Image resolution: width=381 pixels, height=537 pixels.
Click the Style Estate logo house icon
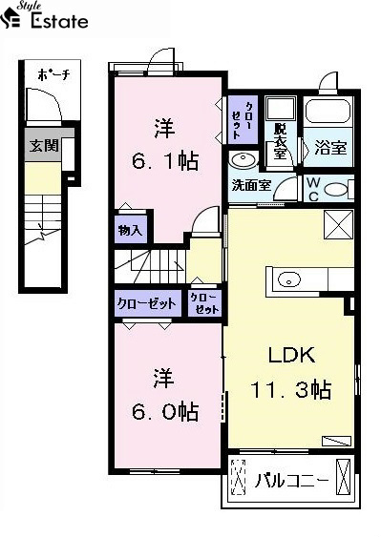tap(10, 18)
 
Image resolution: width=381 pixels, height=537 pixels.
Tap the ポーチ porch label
tap(53, 74)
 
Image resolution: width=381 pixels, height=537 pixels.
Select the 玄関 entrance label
tap(44, 146)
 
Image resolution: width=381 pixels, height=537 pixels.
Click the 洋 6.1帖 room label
tap(165, 145)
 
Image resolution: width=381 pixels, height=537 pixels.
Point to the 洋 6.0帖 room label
tap(165, 395)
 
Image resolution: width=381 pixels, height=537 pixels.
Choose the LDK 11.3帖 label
tap(291, 372)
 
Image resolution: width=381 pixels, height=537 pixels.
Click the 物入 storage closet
tap(131, 230)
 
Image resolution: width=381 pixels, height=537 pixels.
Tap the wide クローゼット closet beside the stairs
tap(147, 303)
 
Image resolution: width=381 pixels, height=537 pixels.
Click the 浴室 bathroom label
tap(330, 148)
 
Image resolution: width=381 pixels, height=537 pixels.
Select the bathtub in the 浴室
tap(328, 111)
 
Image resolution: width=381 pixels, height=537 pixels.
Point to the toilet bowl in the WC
tap(336, 190)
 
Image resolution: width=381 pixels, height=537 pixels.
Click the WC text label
tap(313, 189)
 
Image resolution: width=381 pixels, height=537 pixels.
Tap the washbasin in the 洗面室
tap(243, 159)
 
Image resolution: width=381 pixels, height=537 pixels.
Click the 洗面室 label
tap(251, 185)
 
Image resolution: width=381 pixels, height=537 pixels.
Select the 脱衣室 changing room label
tap(280, 140)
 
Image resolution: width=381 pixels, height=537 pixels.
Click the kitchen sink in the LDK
tap(288, 279)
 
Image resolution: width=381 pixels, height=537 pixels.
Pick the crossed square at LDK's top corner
tap(338, 224)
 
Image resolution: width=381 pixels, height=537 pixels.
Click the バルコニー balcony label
tap(291, 481)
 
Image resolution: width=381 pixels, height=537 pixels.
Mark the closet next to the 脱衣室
tap(243, 119)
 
